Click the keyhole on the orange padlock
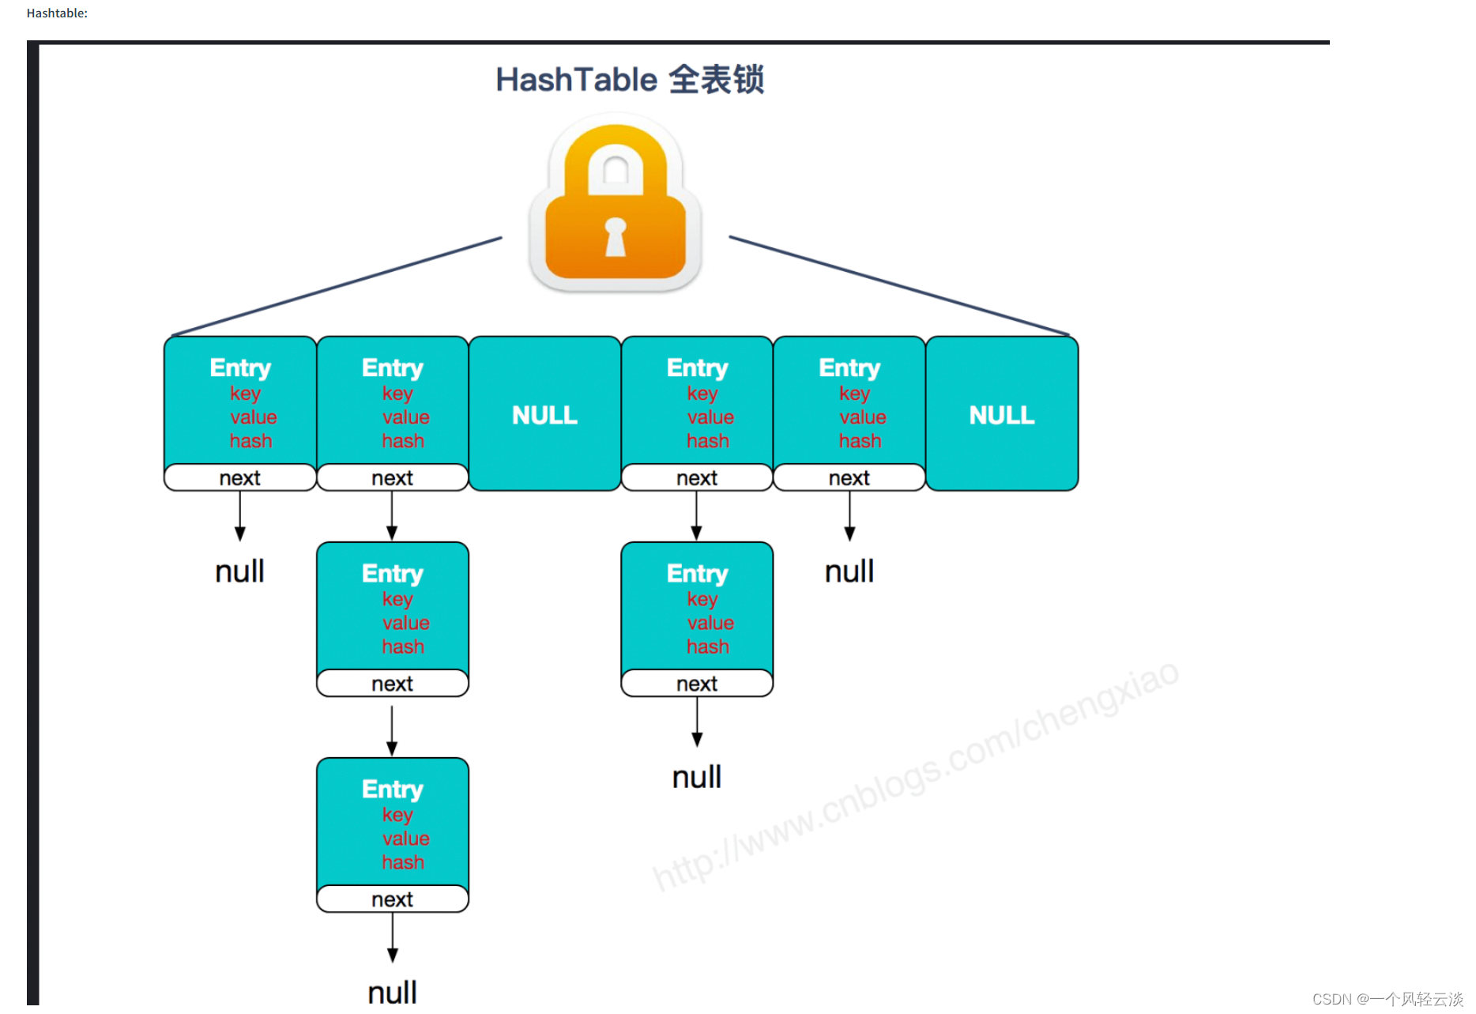point(615,237)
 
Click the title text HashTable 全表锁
point(629,80)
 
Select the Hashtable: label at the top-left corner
point(57,13)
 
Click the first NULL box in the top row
point(544,415)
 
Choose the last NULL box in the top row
point(1001,415)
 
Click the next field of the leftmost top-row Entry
point(239,478)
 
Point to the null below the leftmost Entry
point(239,571)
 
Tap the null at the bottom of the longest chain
point(392,993)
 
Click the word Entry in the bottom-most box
point(392,789)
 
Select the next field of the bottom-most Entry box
point(392,899)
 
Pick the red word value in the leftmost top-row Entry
point(254,417)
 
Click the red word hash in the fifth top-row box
point(860,441)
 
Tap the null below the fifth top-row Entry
point(849,571)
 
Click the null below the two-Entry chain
point(696,778)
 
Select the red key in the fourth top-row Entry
point(702,394)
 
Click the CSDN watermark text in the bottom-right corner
point(1388,999)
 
